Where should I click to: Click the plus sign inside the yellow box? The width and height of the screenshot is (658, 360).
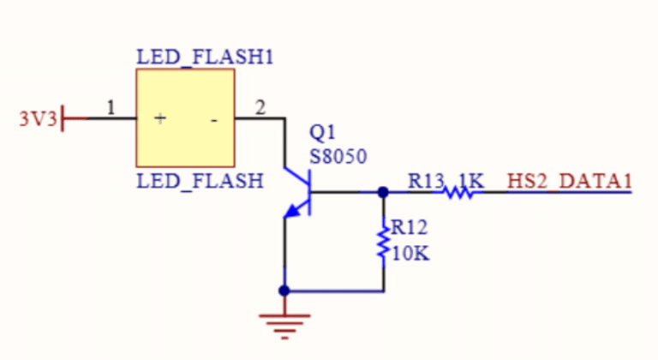coord(159,119)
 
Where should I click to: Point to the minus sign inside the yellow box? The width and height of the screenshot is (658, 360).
coord(213,120)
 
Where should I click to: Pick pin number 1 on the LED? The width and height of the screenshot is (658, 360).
coord(110,107)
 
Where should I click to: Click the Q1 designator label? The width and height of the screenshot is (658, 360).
coord(323,134)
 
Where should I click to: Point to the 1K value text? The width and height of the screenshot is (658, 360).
coord(471,181)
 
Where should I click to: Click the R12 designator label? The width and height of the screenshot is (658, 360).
coord(410,227)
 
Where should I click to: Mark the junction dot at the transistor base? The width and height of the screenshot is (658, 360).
coord(382,193)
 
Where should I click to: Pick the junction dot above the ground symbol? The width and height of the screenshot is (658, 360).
coord(284,291)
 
